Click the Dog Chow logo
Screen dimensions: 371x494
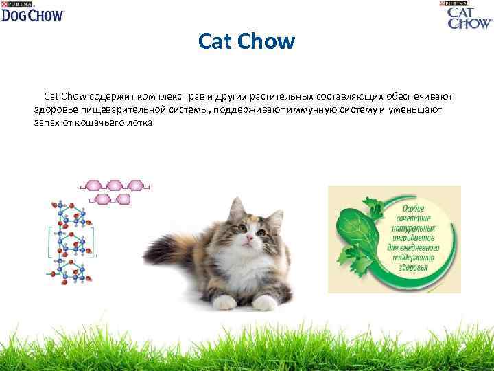click(32, 12)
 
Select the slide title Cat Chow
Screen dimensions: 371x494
click(246, 43)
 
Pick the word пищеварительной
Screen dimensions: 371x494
click(127, 109)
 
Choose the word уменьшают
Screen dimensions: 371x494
click(415, 109)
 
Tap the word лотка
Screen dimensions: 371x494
click(141, 122)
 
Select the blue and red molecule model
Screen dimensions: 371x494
click(70, 240)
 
